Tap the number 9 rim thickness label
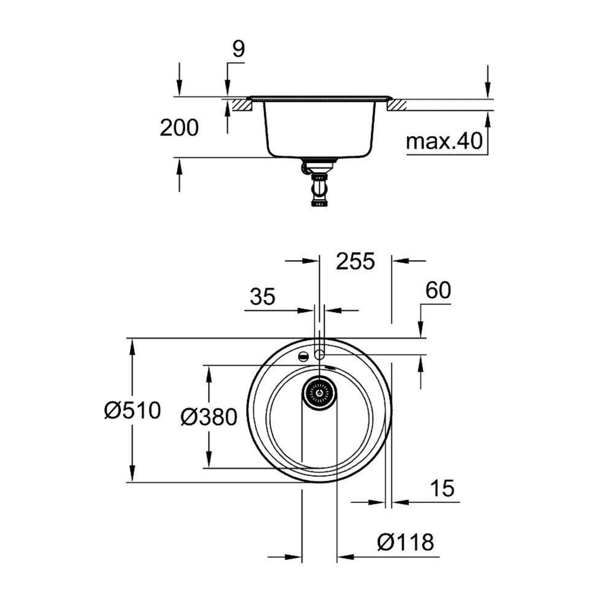click(238, 50)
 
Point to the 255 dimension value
click(355, 261)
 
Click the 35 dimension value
click(263, 297)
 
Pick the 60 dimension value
click(438, 290)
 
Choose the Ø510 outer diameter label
click(132, 411)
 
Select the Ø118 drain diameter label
click(405, 542)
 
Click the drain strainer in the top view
click(319, 392)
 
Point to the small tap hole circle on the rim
click(319, 354)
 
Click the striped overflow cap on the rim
click(303, 356)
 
